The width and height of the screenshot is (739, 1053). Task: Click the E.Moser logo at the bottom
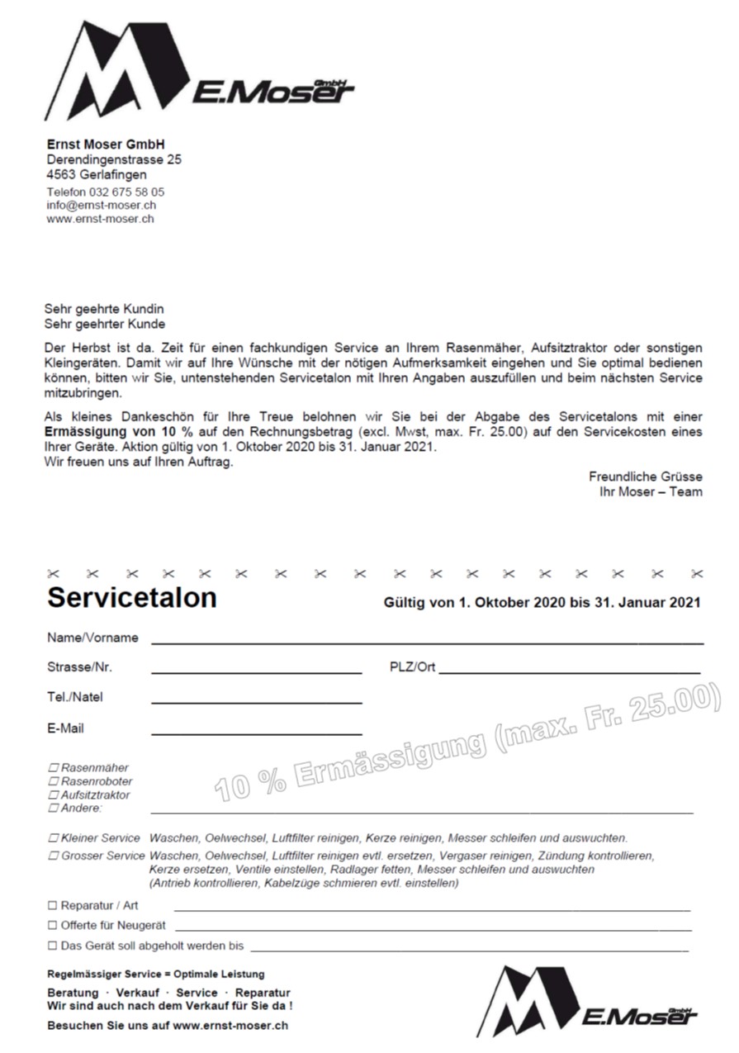pyautogui.click(x=586, y=1001)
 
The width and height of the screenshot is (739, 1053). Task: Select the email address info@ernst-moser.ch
pyautogui.click(x=102, y=205)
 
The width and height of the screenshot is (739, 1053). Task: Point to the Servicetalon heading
pyautogui.click(x=132, y=598)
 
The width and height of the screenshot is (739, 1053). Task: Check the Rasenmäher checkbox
pyautogui.click(x=54, y=768)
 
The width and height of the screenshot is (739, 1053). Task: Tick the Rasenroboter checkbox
pyautogui.click(x=54, y=781)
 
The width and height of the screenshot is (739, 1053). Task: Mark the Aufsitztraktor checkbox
pyautogui.click(x=54, y=794)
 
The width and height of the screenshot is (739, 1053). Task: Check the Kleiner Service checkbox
pyautogui.click(x=54, y=837)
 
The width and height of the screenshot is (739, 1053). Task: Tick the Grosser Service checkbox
pyautogui.click(x=54, y=856)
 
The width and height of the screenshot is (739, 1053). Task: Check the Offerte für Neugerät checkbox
pyautogui.click(x=53, y=925)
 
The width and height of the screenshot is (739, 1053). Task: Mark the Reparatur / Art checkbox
pyautogui.click(x=53, y=906)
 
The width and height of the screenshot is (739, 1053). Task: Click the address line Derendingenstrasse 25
pyautogui.click(x=114, y=159)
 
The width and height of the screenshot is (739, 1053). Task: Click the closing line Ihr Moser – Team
pyautogui.click(x=651, y=491)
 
